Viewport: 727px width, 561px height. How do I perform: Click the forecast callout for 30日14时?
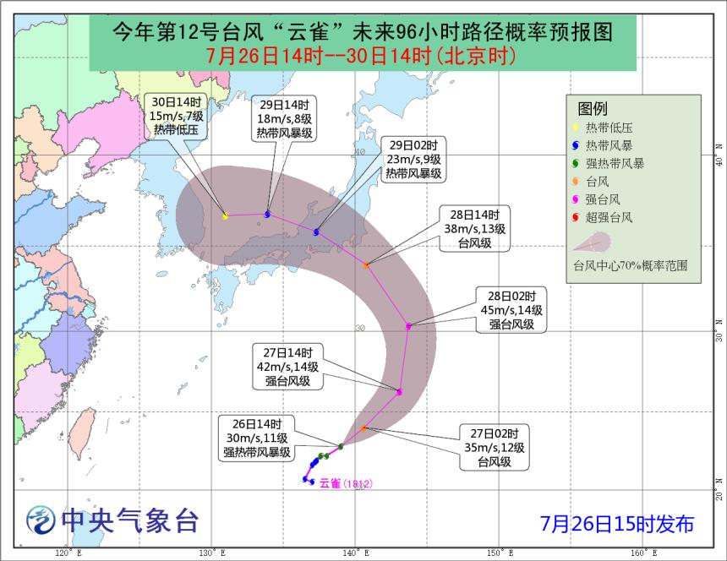point(174,115)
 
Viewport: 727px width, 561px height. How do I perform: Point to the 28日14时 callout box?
point(479,229)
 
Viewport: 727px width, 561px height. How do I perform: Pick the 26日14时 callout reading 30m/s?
point(257,437)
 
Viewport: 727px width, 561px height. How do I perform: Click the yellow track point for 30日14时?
point(225,216)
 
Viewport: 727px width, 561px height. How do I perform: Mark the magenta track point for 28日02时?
point(408,325)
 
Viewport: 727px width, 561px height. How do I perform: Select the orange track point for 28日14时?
point(366,265)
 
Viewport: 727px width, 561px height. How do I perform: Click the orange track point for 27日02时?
point(363,429)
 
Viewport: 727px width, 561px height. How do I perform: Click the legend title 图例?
point(593,109)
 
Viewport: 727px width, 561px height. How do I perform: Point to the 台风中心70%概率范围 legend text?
point(630,265)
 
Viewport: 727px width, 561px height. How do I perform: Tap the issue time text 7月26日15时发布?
point(617,524)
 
